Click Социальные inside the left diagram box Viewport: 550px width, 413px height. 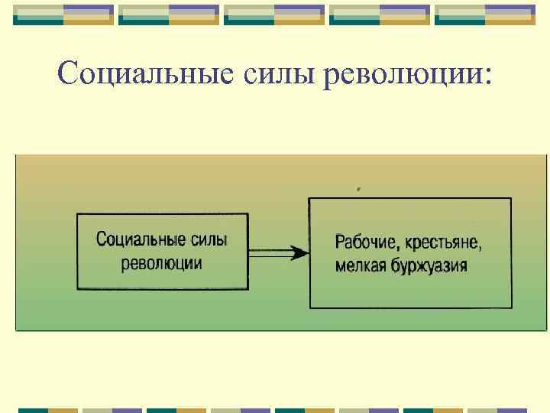pos(141,239)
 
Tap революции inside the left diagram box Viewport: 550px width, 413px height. pos(162,264)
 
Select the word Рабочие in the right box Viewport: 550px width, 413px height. pos(366,243)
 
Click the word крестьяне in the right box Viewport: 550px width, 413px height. pos(444,243)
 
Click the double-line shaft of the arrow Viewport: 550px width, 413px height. pos(271,252)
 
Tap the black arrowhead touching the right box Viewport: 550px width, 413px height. pos(300,252)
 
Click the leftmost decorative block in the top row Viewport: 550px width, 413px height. pos(64,15)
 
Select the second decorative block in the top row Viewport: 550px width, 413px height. pos(170,15)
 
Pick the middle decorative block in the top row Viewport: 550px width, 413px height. pos(274,15)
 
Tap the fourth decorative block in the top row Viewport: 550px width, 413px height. pos(380,15)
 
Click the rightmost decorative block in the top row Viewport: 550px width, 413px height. pos(485,15)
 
